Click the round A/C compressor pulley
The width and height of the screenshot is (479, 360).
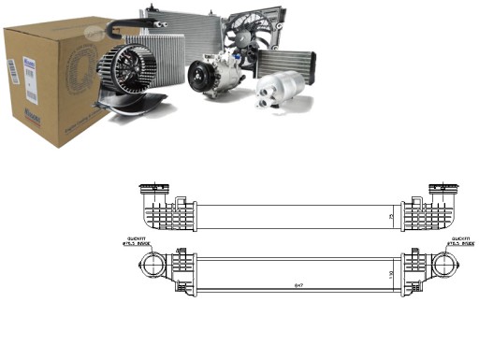click(202, 74)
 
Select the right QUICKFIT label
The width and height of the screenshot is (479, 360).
click(458, 240)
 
